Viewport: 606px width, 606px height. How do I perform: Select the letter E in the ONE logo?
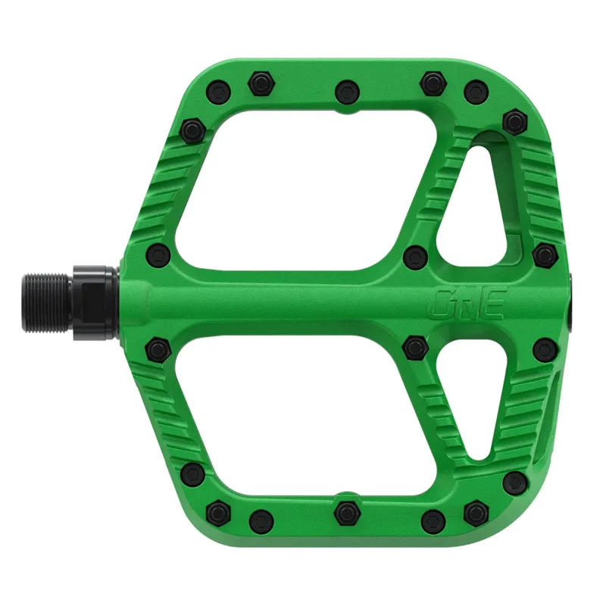pyautogui.click(x=494, y=303)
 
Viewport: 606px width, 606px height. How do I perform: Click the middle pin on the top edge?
pyautogui.click(x=346, y=90)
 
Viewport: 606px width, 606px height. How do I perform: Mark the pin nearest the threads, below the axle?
pyautogui.click(x=158, y=348)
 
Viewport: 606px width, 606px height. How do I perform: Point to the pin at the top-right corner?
pyautogui.click(x=515, y=120)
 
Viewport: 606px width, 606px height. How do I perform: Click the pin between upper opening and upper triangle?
pyautogui.click(x=414, y=255)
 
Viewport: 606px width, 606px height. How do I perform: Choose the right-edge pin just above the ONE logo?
pyautogui.click(x=544, y=255)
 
